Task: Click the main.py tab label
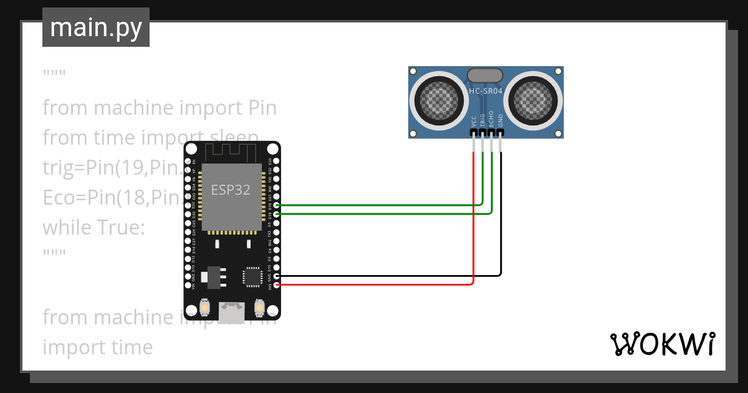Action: (96, 27)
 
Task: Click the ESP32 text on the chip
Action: (231, 190)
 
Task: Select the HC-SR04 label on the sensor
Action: (486, 91)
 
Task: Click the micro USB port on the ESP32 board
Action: (232, 312)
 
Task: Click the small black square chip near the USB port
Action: (252, 276)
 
